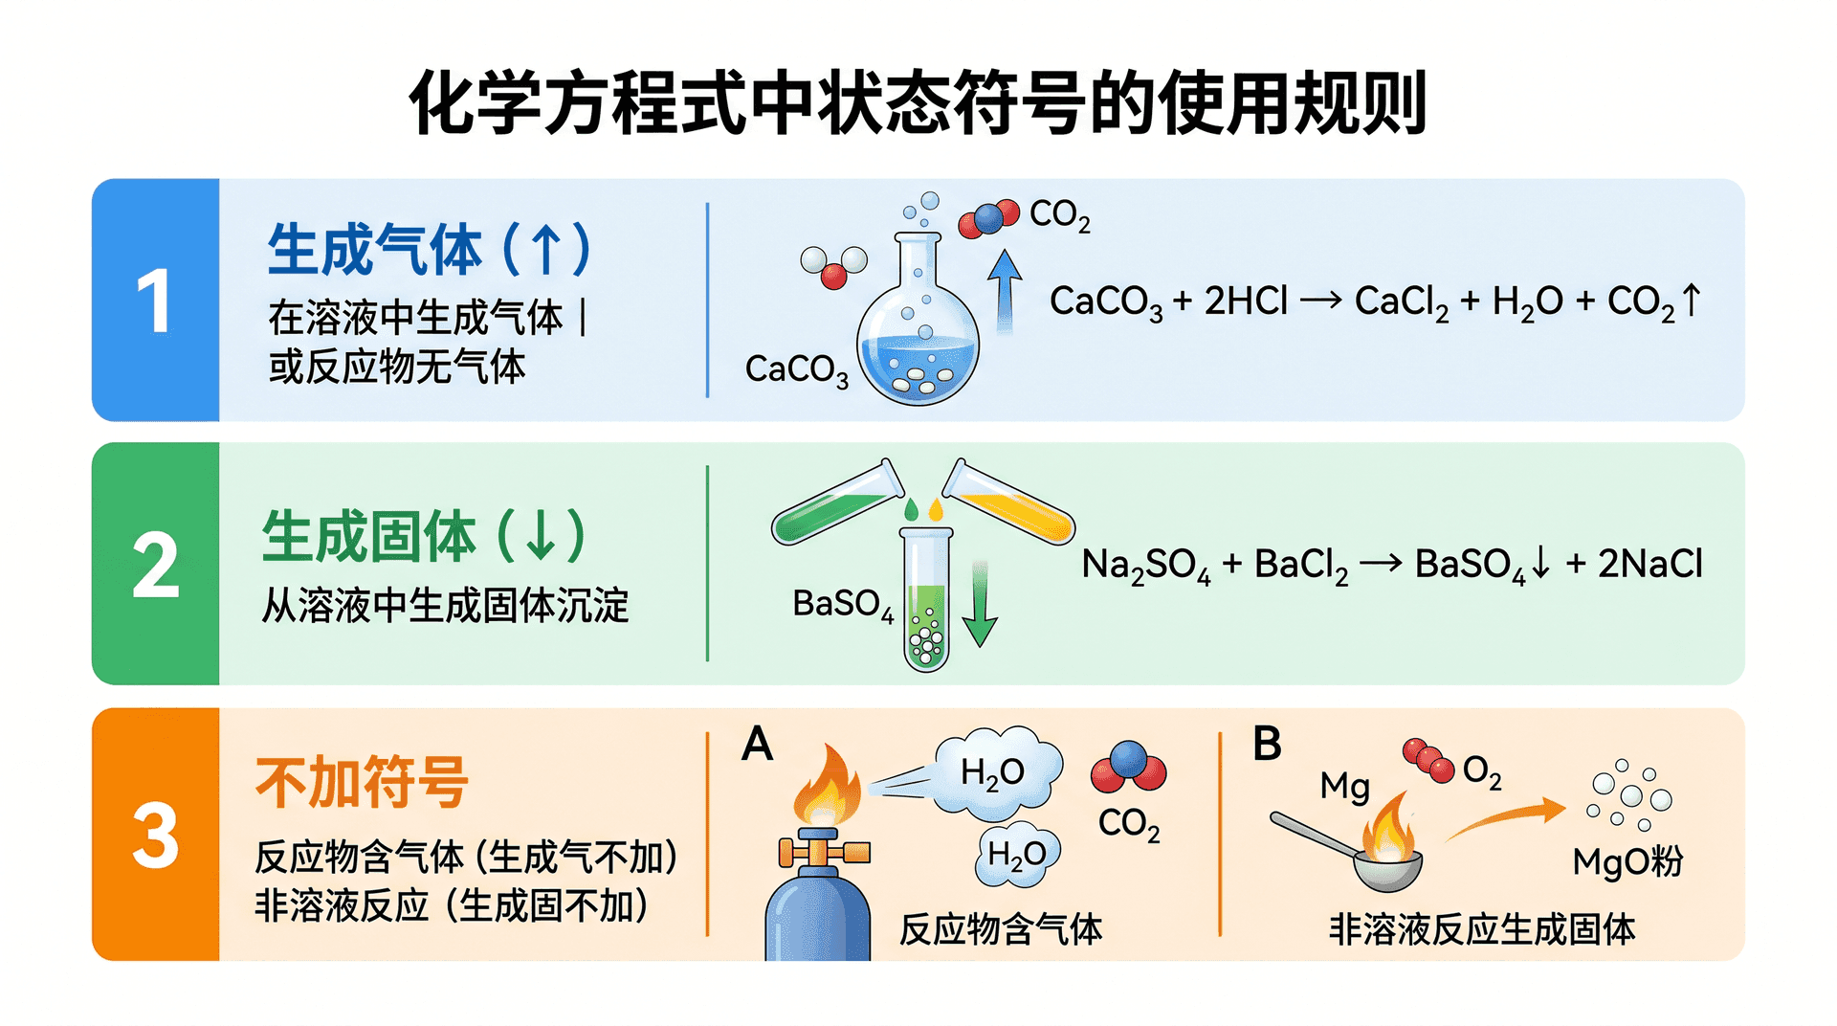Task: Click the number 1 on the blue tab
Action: (x=155, y=301)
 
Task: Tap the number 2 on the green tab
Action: (x=156, y=565)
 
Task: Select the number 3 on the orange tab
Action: (x=156, y=835)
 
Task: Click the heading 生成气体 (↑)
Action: (x=430, y=249)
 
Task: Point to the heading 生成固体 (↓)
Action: (x=424, y=536)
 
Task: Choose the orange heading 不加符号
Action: (x=362, y=782)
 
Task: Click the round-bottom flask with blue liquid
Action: (x=918, y=320)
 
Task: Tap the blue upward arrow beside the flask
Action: (x=1004, y=291)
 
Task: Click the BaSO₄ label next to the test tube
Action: (x=843, y=605)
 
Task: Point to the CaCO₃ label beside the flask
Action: (x=796, y=370)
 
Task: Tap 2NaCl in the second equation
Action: (x=1650, y=564)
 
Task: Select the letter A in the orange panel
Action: (x=757, y=744)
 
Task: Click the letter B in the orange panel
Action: (x=1267, y=744)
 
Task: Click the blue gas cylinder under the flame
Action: (x=818, y=895)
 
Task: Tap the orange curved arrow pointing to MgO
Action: (x=1504, y=819)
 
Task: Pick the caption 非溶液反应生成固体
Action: (x=1482, y=929)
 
